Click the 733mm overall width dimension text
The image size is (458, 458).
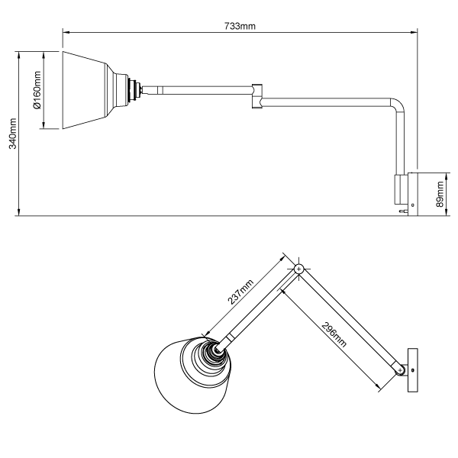click(239, 25)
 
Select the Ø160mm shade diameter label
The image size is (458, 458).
click(37, 90)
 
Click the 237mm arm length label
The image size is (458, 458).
click(242, 292)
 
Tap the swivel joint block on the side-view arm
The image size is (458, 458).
click(257, 95)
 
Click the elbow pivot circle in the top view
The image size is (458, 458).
click(298, 269)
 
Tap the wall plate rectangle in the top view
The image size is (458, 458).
click(414, 371)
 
